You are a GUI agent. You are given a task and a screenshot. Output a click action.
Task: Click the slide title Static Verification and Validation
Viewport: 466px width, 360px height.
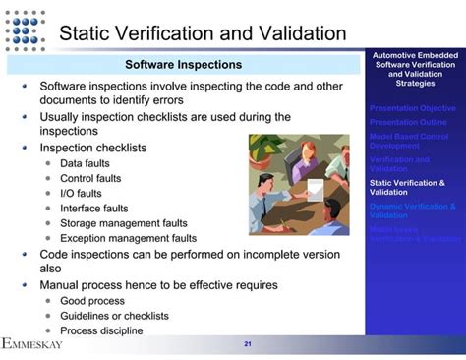point(203,33)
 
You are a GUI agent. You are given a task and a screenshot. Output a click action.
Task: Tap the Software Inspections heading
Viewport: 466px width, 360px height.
point(184,65)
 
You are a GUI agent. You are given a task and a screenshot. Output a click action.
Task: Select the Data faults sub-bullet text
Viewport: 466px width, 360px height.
point(85,164)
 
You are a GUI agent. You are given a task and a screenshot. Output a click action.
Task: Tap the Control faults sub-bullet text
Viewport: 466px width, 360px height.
point(90,179)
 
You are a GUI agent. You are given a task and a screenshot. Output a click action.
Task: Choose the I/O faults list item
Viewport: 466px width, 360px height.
point(82,194)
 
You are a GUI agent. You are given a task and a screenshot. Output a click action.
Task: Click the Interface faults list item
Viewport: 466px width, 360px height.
point(93,209)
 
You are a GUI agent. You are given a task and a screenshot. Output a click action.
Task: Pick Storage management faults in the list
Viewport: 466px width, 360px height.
point(123,223)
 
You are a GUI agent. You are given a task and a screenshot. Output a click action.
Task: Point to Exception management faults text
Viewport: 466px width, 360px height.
point(128,238)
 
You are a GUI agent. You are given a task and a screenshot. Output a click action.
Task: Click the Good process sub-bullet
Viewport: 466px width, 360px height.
point(92,301)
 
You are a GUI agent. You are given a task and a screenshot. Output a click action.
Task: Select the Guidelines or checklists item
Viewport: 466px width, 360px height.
point(114,316)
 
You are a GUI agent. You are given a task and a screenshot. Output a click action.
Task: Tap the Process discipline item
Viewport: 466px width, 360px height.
point(101,330)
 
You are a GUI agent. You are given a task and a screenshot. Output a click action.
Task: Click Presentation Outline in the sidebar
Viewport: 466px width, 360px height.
point(408,122)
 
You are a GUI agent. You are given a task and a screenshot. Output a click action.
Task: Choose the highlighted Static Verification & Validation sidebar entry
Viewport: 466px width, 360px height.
point(407,187)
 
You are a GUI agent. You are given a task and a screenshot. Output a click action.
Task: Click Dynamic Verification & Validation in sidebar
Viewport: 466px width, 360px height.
point(412,211)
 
